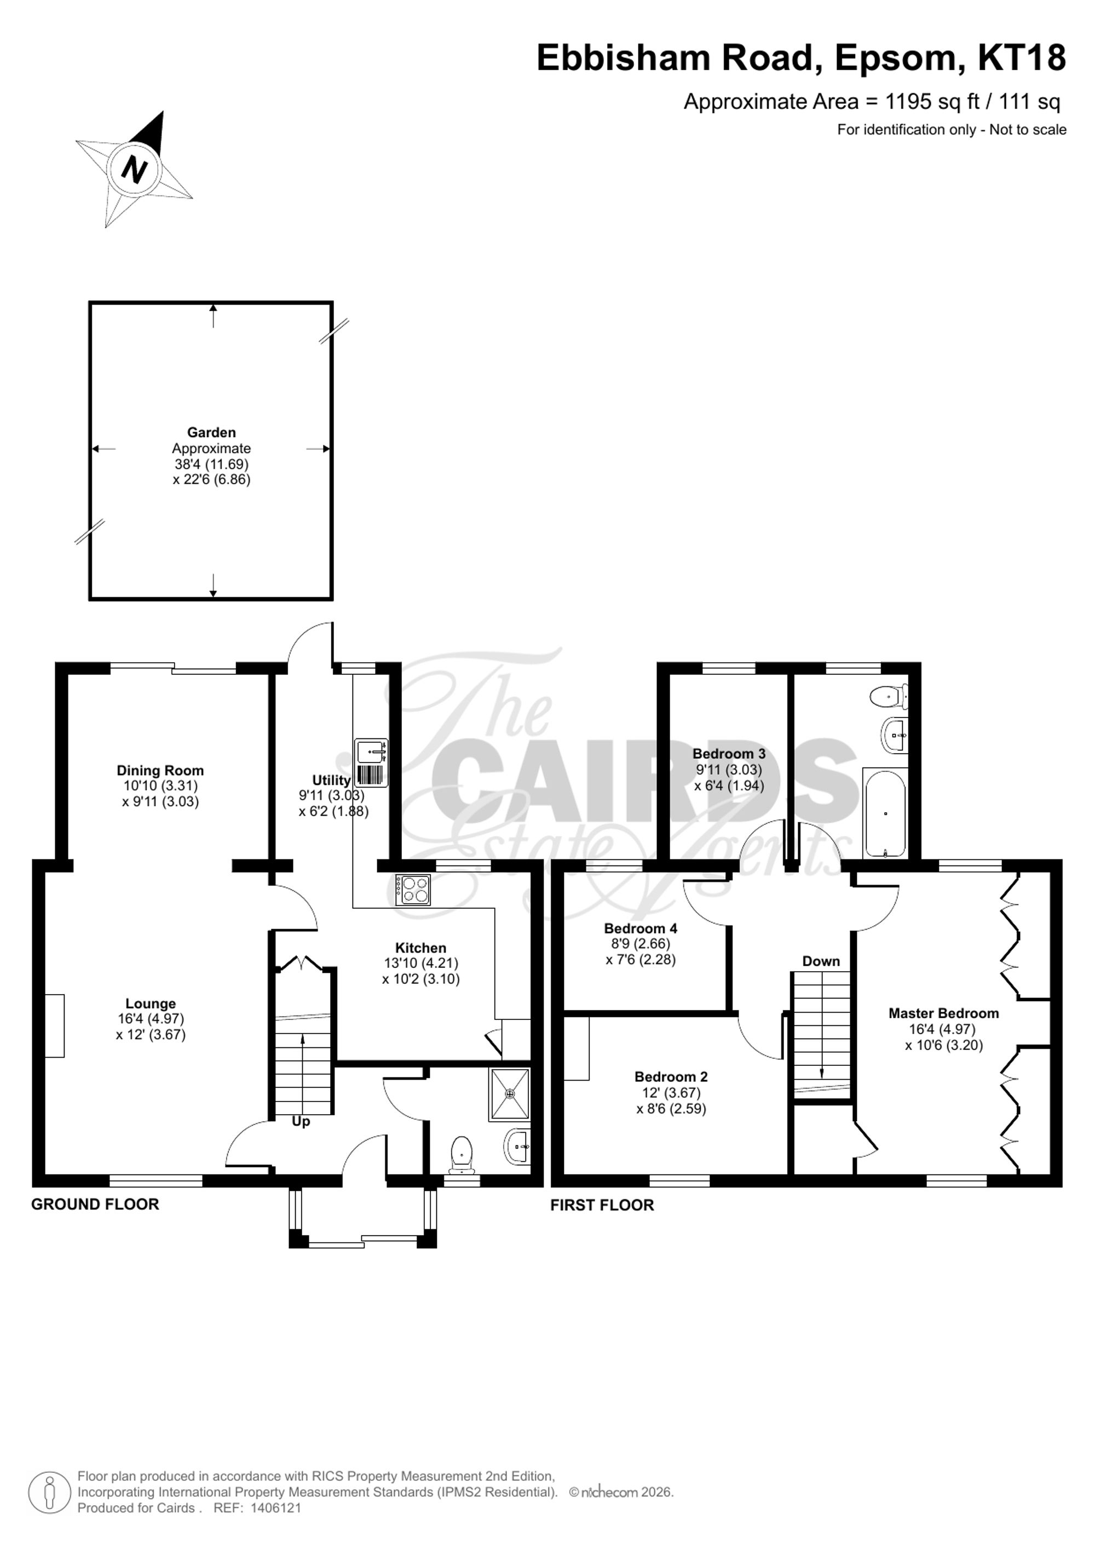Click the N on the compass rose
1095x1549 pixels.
click(x=134, y=169)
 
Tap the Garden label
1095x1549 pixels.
click(x=211, y=433)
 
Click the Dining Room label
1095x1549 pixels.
click(x=160, y=771)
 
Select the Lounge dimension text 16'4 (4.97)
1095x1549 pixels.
click(x=151, y=1019)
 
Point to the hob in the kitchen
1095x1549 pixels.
click(x=413, y=890)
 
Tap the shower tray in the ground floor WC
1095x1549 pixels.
click(x=510, y=1094)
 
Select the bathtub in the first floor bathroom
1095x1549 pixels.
click(x=885, y=814)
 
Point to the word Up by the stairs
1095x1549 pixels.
click(x=301, y=1121)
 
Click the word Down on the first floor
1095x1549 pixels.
click(x=821, y=961)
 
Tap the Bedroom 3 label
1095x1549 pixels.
click(x=729, y=754)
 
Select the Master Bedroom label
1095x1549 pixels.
click(x=943, y=1013)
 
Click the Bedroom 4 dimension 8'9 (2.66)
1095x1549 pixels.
click(x=641, y=944)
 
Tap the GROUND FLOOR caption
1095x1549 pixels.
click(x=95, y=1204)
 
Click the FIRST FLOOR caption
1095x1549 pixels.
click(x=602, y=1205)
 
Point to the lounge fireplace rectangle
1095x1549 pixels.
click(x=55, y=1025)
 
